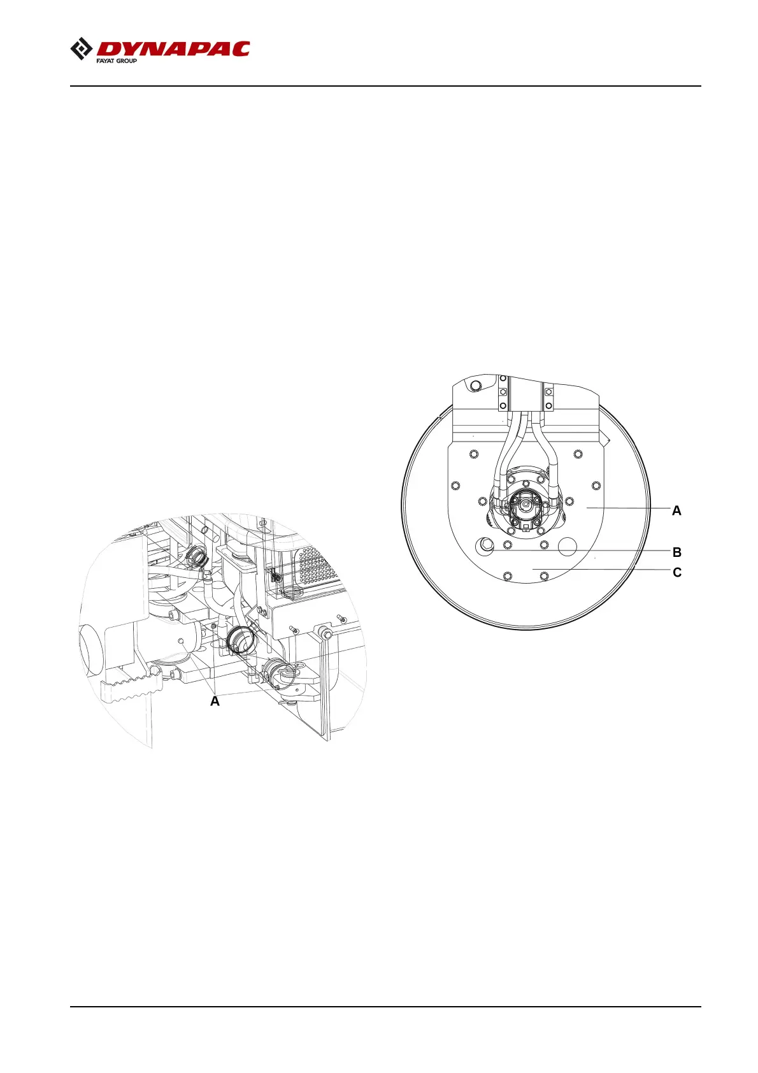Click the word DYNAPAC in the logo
pyautogui.click(x=173, y=49)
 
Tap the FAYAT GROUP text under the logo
pyautogui.click(x=117, y=61)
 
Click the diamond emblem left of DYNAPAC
pyautogui.click(x=82, y=49)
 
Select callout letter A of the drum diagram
pyautogui.click(x=676, y=510)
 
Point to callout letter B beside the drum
pyautogui.click(x=676, y=552)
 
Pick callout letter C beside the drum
pyautogui.click(x=676, y=572)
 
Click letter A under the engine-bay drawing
pyautogui.click(x=215, y=701)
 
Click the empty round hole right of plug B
pyautogui.click(x=568, y=546)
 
